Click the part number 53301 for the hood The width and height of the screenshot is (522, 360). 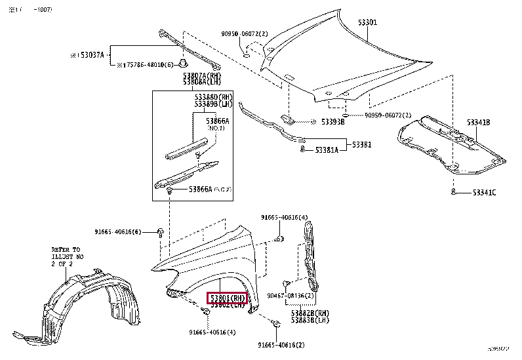pos(367,22)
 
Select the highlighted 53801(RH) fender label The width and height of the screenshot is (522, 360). pos(228,298)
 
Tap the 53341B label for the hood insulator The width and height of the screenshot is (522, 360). pos(478,123)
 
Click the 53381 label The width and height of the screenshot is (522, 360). pos(361,144)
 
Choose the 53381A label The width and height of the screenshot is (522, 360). pos(327,151)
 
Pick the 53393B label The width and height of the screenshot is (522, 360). pos(332,122)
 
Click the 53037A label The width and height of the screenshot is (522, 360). pos(89,56)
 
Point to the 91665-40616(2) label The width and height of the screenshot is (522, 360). pos(281,344)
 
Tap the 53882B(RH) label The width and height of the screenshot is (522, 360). pos(311,313)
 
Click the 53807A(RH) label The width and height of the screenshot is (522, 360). pos(203,76)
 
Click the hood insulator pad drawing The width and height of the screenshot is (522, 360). pos(452,146)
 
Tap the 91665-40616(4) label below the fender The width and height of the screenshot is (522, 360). pos(212,332)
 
